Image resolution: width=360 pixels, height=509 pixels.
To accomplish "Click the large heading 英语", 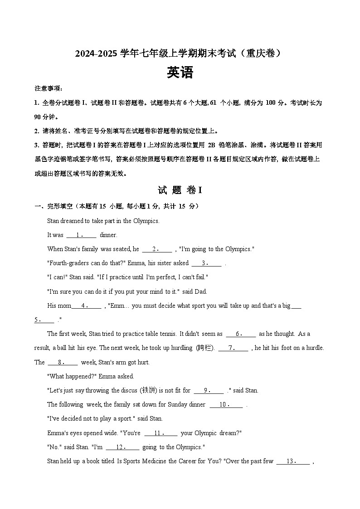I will (x=180, y=73).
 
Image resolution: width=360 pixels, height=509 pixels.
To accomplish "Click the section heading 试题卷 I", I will (x=180, y=190).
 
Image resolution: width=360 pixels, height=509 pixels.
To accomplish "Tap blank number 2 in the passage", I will (x=157, y=249).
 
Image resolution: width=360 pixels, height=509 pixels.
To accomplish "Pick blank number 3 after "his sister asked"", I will (x=206, y=263).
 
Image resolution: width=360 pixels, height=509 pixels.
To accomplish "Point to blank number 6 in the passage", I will (x=240, y=334).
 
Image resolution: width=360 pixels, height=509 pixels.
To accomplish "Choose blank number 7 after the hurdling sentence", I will (x=233, y=348).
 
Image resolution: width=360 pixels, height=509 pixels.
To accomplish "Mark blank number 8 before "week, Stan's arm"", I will (x=62, y=362).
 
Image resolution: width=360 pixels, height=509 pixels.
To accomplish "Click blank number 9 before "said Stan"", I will (x=209, y=390).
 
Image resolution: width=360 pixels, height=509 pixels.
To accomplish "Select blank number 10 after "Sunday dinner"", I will (x=226, y=404).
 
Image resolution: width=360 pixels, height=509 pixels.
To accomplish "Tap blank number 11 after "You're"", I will (x=161, y=433).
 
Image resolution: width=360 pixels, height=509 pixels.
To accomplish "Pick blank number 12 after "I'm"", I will (x=122, y=447).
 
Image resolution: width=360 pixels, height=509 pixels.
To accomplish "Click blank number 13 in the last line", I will (x=293, y=461).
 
